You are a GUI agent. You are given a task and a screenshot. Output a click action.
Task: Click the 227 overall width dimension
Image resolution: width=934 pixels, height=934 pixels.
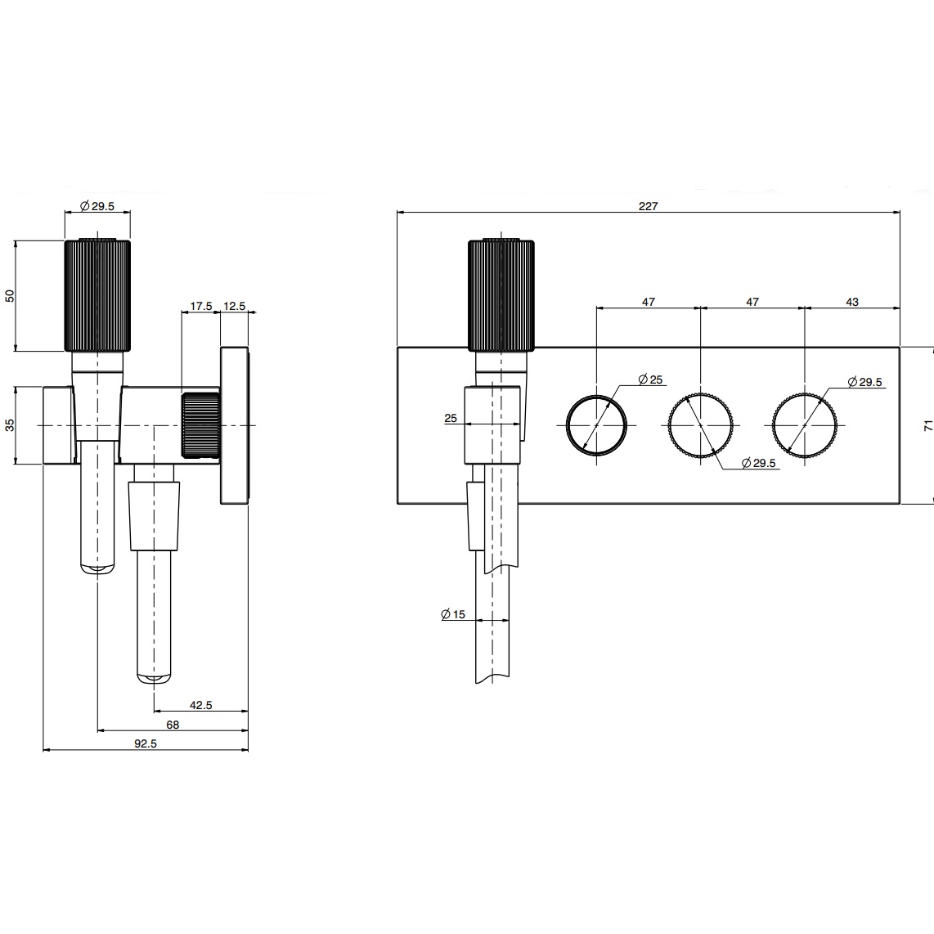pos(648,206)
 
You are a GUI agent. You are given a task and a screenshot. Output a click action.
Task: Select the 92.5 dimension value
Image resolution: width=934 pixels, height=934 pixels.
pos(145,743)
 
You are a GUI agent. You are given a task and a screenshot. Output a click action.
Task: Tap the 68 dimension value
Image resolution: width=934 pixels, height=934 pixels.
pos(172,725)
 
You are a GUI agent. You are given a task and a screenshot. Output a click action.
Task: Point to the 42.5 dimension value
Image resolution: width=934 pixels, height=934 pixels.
pos(200,705)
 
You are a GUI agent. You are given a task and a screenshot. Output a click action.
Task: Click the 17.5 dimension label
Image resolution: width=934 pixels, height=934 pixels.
pos(200,306)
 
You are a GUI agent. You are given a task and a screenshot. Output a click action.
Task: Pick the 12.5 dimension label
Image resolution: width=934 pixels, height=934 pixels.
pos(234,306)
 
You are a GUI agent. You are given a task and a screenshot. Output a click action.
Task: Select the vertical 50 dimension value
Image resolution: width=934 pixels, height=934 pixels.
pos(10,295)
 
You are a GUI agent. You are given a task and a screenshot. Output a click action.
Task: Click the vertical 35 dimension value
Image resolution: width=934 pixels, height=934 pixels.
pos(10,425)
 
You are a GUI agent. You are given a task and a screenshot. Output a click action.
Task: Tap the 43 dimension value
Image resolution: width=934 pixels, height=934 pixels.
pos(852,302)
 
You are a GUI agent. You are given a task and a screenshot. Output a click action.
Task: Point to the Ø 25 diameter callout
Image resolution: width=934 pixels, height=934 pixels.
pos(651,379)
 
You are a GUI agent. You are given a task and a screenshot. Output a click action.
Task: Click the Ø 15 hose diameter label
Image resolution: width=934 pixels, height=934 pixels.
pos(452,614)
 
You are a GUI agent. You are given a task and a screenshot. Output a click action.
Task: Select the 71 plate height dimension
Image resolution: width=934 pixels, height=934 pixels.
pos(927,425)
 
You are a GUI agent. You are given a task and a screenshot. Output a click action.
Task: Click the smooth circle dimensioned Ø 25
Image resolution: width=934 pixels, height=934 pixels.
pos(597,425)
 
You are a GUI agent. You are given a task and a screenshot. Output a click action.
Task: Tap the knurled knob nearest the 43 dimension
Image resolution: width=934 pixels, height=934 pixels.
pos(805,425)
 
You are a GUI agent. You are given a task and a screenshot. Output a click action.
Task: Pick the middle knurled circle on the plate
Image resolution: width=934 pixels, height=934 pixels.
pos(701,425)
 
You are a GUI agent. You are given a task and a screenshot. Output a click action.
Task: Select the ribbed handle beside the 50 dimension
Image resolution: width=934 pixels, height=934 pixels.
pos(97,294)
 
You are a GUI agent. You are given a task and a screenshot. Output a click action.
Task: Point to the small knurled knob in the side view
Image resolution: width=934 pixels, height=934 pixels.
pos(200,424)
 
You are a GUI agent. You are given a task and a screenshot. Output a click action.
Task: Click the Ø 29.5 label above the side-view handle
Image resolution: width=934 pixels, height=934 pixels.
pos(97,206)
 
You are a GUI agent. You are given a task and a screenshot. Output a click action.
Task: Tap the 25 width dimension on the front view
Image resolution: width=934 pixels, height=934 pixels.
pos(451,418)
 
